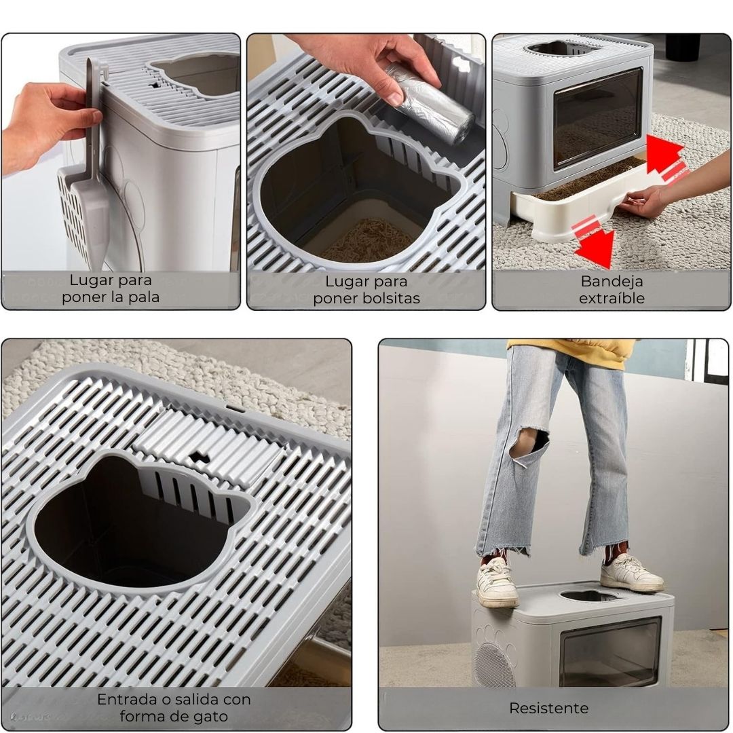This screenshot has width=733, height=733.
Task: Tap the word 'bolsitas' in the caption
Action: pos(392,298)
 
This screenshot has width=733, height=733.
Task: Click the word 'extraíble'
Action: pos(612,298)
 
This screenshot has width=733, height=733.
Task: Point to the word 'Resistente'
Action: pos(549,708)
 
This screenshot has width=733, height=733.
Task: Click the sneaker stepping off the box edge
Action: pos(496,582)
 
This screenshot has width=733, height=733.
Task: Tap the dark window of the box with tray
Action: pos(598,119)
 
